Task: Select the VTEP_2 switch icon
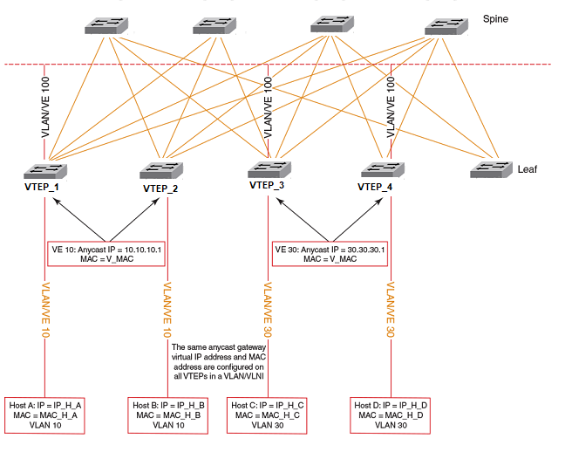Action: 160,171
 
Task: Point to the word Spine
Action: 496,17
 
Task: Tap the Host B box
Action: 168,414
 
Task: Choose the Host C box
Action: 267,414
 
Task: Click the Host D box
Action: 389,414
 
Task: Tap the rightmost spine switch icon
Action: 446,26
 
